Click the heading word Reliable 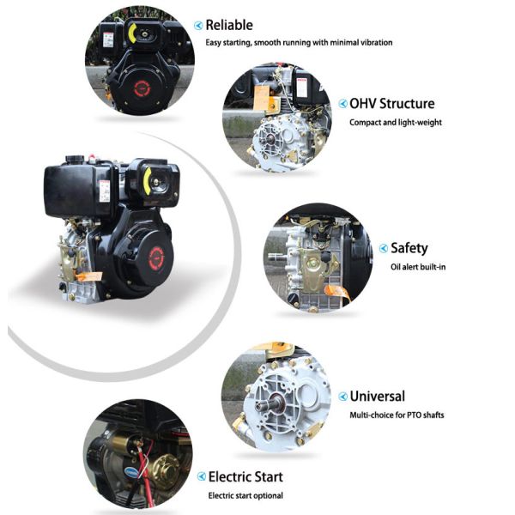[x=229, y=25]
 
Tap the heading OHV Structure [x=392, y=104]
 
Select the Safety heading [x=409, y=248]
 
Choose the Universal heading [x=377, y=396]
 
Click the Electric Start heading [x=245, y=476]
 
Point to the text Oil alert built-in [x=418, y=267]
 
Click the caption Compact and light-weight [x=396, y=123]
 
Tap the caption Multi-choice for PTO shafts [x=397, y=415]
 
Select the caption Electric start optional [x=245, y=495]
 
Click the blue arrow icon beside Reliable [x=198, y=26]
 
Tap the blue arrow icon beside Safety [x=384, y=248]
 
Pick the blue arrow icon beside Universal [x=342, y=397]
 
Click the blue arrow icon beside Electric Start [x=202, y=476]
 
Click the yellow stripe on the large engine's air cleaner [x=147, y=181]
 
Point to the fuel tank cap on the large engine [x=75, y=160]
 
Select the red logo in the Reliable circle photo [x=142, y=88]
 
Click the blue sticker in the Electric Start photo [x=132, y=471]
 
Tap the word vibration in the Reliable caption [x=377, y=42]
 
